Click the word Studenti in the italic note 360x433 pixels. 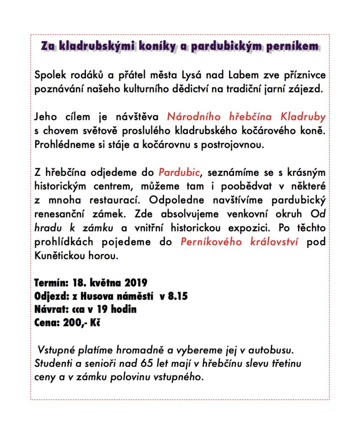(x=50, y=364)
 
